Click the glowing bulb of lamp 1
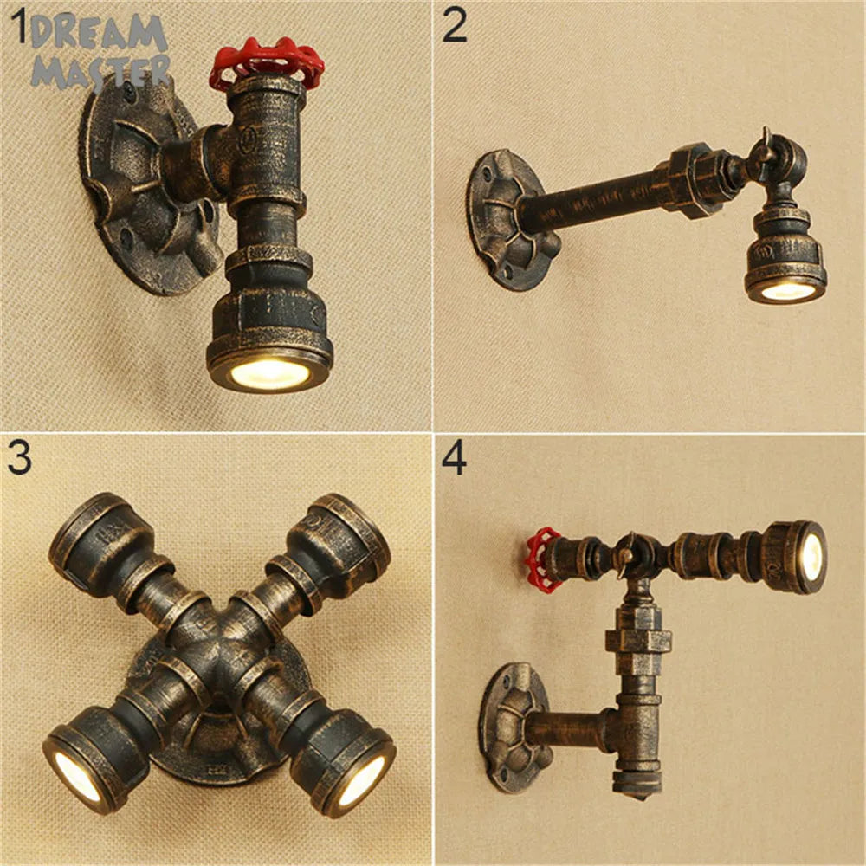268,372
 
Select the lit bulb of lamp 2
787,290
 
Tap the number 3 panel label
19,459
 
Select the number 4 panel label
455,459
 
